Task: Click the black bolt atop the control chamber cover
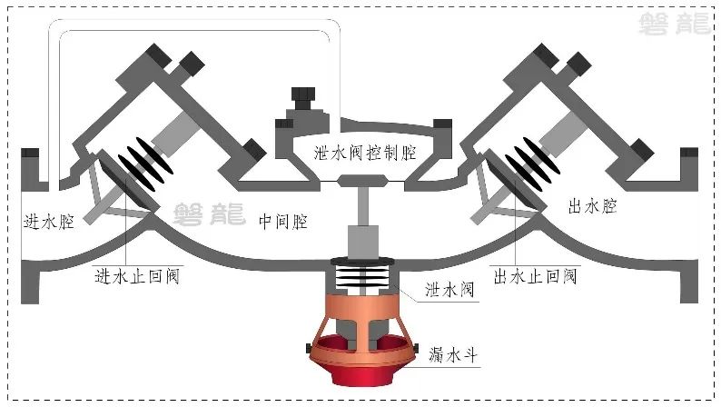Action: pos(301,97)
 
